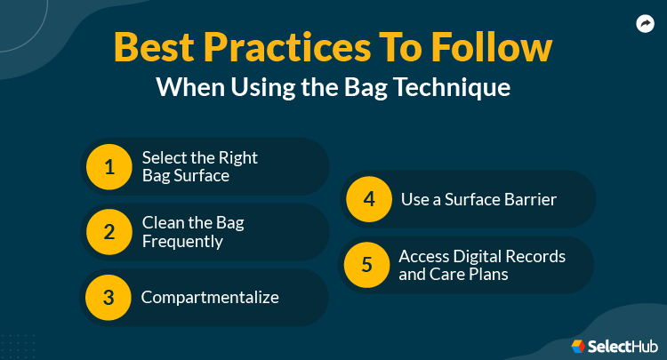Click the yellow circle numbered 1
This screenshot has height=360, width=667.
(109, 166)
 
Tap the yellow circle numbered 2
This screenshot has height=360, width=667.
(109, 232)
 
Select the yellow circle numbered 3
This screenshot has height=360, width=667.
(109, 298)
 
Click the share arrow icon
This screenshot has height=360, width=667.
(645, 24)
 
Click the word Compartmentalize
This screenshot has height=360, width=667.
(210, 297)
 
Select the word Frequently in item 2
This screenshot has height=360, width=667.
(183, 241)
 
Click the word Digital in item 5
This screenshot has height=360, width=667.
(479, 256)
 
